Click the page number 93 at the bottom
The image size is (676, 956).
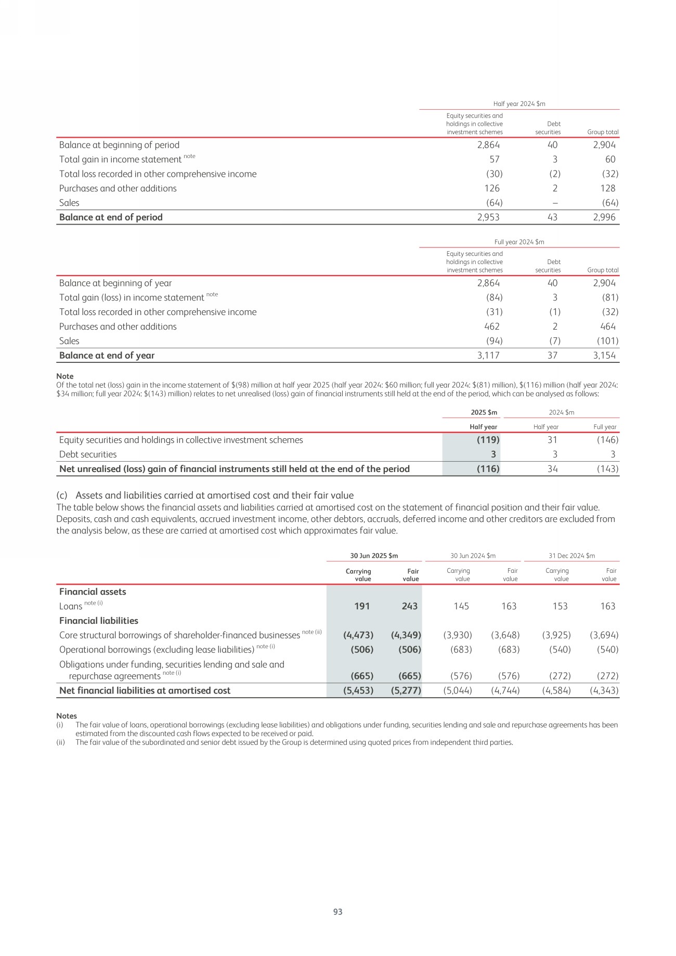pyautogui.click(x=337, y=911)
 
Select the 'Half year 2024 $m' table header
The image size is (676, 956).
pyautogui.click(x=519, y=104)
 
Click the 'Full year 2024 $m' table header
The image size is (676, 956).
pyautogui.click(x=519, y=242)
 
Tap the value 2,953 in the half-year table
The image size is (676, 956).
pyautogui.click(x=488, y=217)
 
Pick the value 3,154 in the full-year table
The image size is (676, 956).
pyautogui.click(x=604, y=356)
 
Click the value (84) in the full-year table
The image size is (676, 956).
pyautogui.click(x=493, y=297)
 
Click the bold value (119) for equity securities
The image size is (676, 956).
pyautogui.click(x=488, y=440)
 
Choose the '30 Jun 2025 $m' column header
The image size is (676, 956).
pyautogui.click(x=374, y=556)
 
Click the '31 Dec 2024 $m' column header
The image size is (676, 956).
pyautogui.click(x=571, y=556)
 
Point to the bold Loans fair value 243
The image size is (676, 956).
pyautogui.click(x=410, y=606)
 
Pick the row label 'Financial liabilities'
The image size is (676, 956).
pyautogui.click(x=99, y=621)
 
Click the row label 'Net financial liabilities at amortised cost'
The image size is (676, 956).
pyautogui.click(x=145, y=690)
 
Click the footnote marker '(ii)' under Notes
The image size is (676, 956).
pyautogui.click(x=60, y=742)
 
